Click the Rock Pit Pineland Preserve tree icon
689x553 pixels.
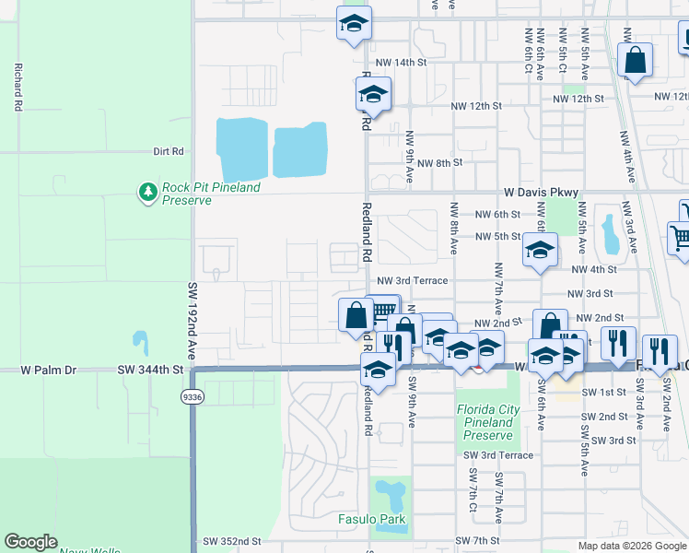pyautogui.click(x=147, y=192)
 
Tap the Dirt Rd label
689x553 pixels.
pyautogui.click(x=169, y=151)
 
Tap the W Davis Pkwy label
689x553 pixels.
pyautogui.click(x=542, y=193)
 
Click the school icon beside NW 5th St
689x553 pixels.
pyautogui.click(x=540, y=250)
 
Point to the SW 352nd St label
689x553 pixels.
pyautogui.click(x=232, y=541)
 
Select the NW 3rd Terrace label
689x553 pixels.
pyautogui.click(x=412, y=280)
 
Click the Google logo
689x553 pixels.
pyautogui.click(x=31, y=542)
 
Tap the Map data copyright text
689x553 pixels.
pyautogui.click(x=631, y=546)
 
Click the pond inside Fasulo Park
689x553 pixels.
pyautogui.click(x=392, y=496)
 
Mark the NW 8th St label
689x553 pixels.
pyautogui.click(x=438, y=163)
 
